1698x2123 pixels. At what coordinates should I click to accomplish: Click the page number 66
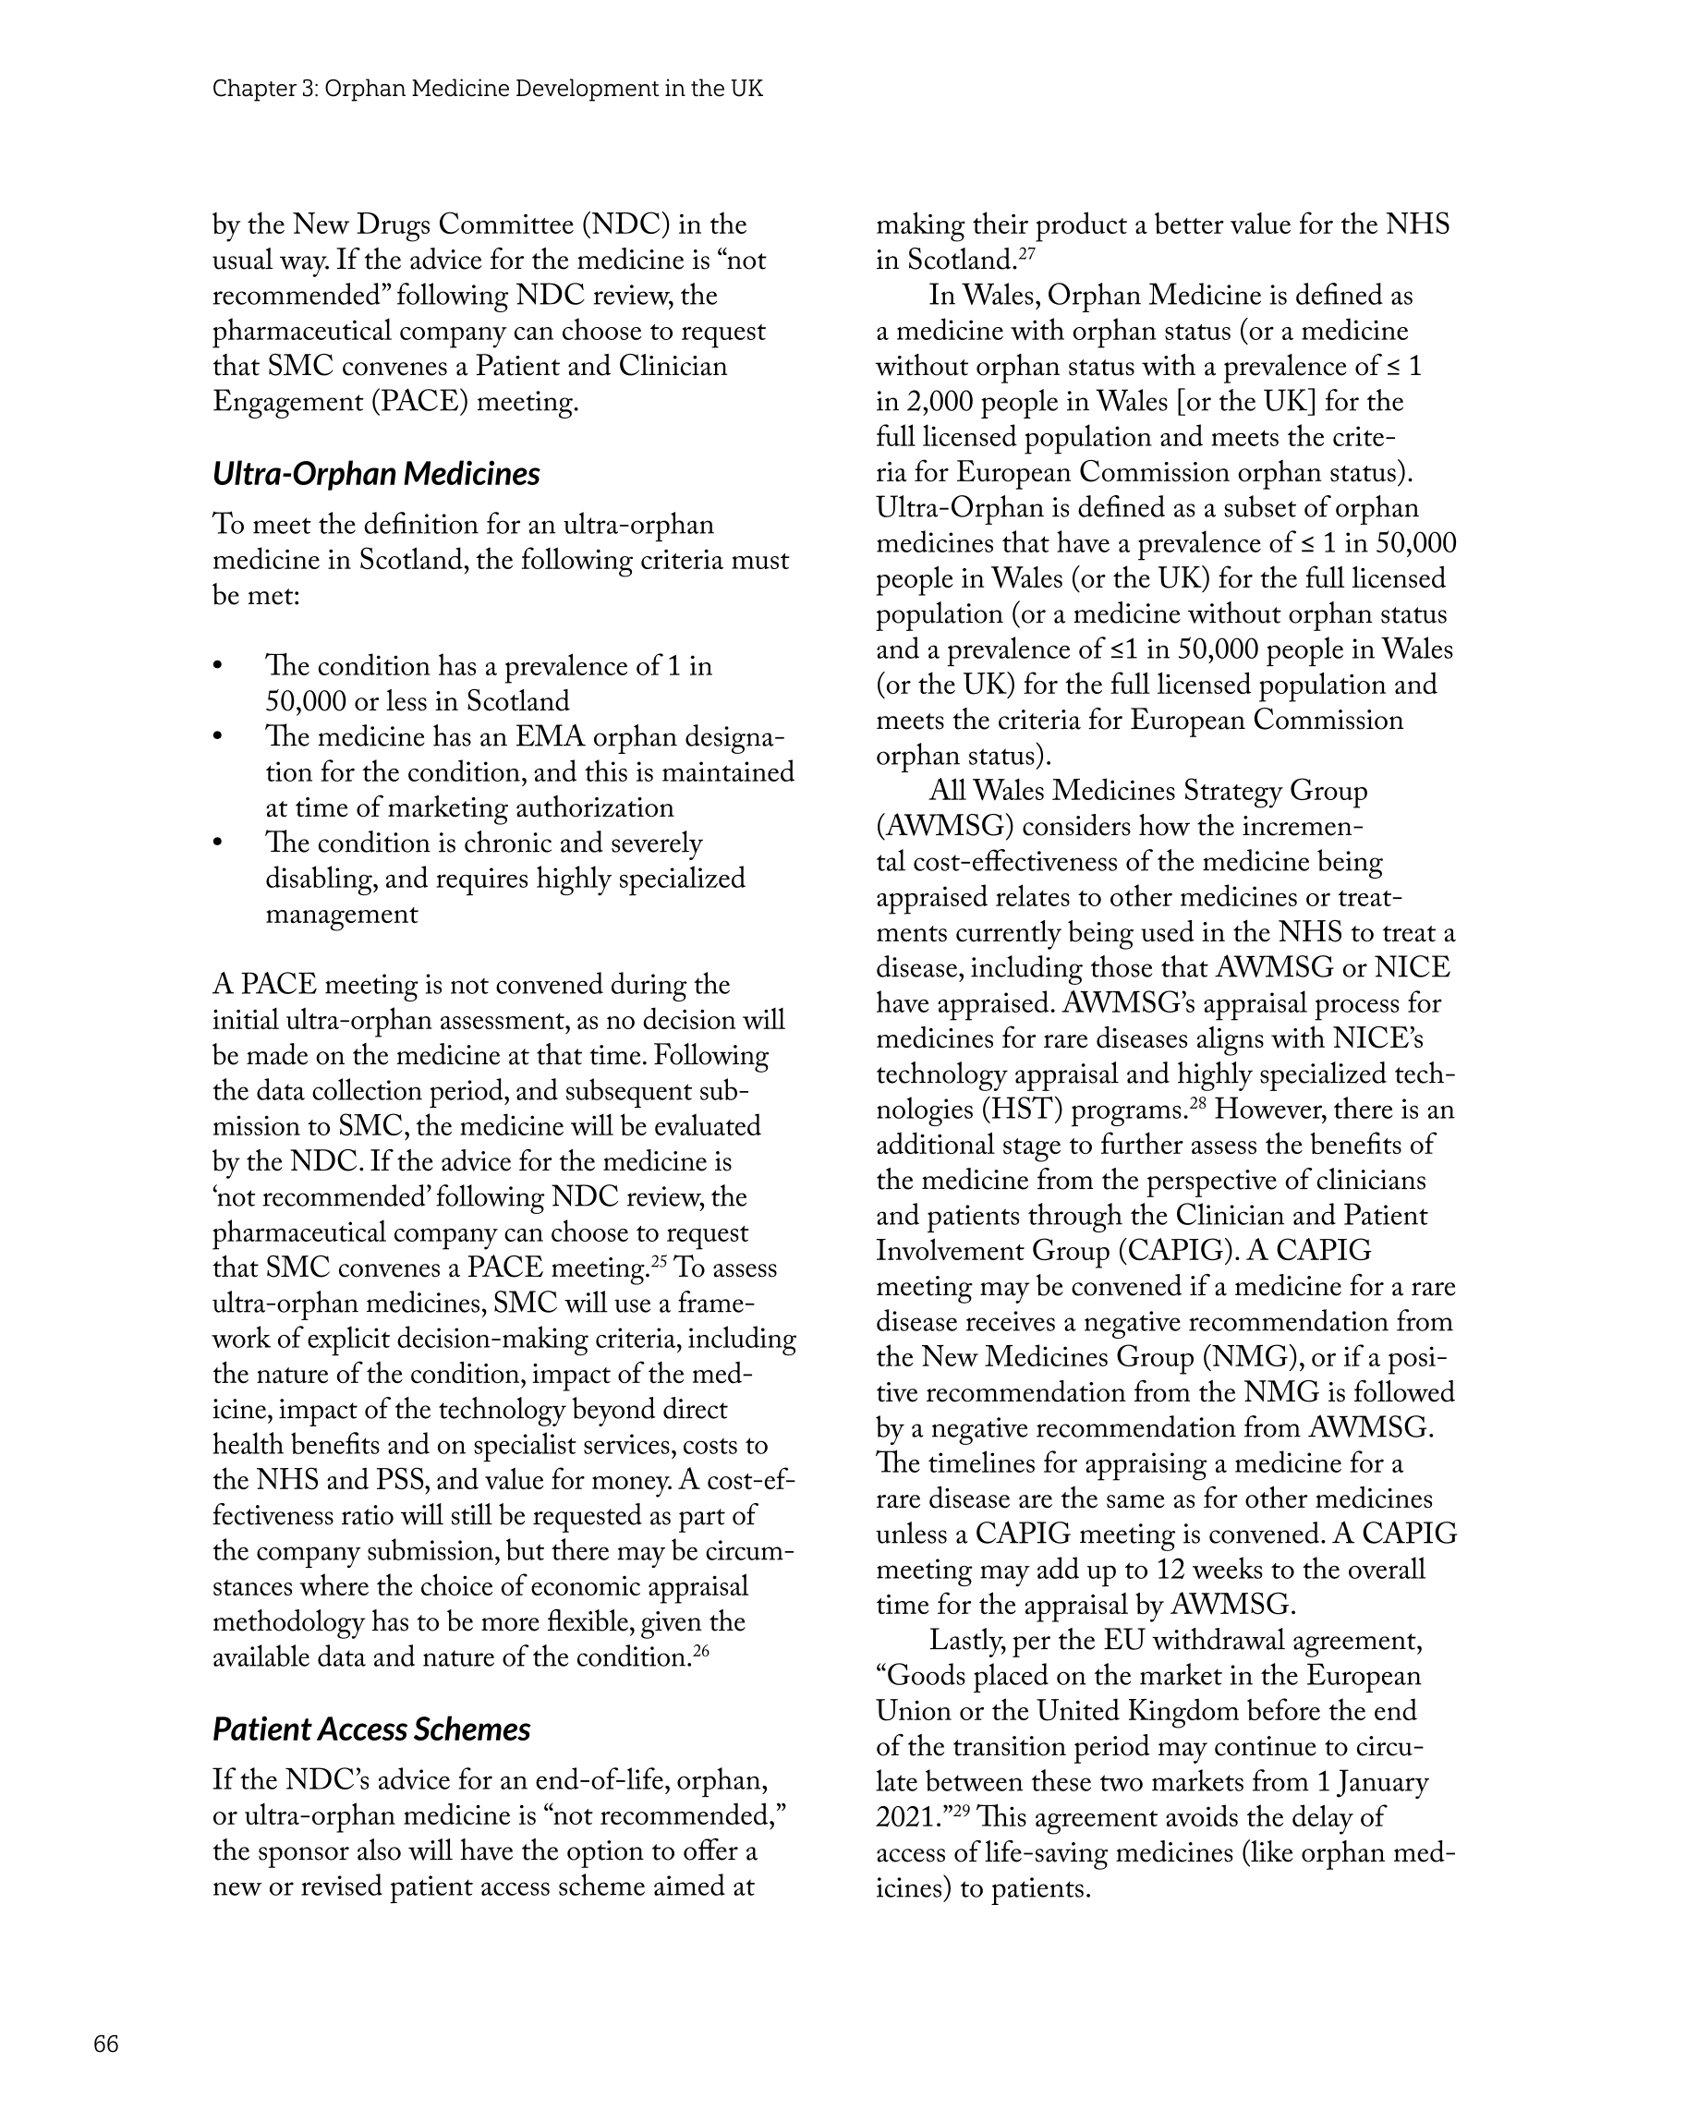pyautogui.click(x=105, y=2044)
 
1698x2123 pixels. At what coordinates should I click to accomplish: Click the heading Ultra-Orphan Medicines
pyautogui.click(x=376, y=474)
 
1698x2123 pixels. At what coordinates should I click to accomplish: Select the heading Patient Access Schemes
pyautogui.click(x=371, y=1729)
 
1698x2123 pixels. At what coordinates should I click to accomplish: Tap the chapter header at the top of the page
pyautogui.click(x=488, y=89)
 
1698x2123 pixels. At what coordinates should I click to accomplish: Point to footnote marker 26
pyautogui.click(x=701, y=1651)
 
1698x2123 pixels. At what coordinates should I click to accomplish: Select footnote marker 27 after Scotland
pyautogui.click(x=1026, y=254)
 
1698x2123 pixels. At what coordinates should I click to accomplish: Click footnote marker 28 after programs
pyautogui.click(x=1197, y=1104)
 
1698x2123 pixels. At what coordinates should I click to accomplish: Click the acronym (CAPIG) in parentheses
pyautogui.click(x=1174, y=1251)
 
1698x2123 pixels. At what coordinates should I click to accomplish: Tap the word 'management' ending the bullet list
pyautogui.click(x=342, y=914)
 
